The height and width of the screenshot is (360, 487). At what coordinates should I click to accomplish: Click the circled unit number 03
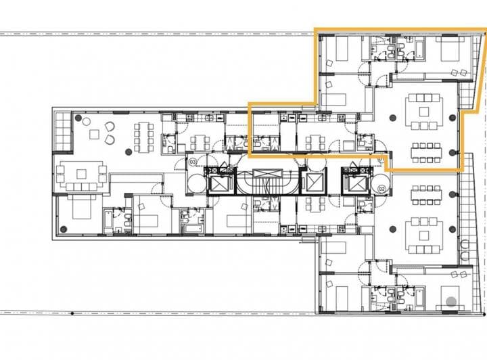193,162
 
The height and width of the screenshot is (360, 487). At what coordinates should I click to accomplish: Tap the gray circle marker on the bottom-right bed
450,300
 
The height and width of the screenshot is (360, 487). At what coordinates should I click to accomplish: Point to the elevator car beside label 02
354,183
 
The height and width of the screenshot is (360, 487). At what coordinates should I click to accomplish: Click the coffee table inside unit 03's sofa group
82,173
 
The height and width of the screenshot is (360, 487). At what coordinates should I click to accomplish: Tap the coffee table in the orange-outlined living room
423,111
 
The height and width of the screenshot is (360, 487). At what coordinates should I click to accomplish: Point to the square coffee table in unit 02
424,236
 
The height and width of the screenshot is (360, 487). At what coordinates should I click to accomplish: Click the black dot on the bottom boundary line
72,313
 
